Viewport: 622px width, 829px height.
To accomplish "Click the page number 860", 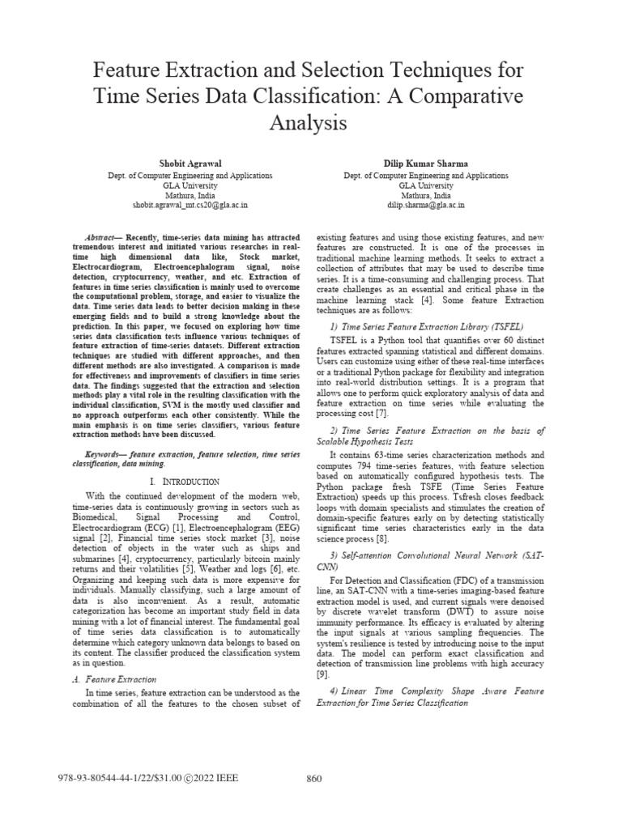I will click(316, 779).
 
